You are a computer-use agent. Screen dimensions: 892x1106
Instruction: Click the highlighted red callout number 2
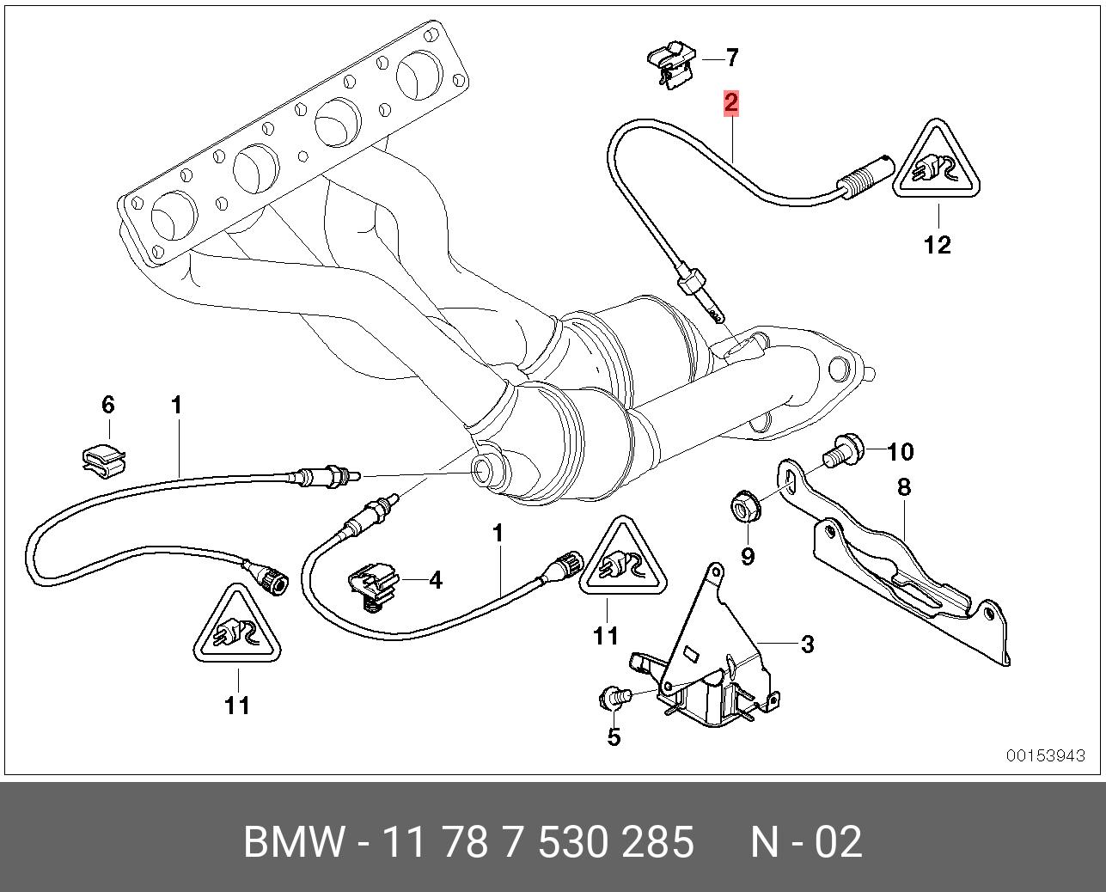(730, 103)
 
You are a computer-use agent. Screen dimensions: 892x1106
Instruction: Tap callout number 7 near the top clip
(731, 58)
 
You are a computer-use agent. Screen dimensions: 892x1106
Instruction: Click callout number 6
(108, 404)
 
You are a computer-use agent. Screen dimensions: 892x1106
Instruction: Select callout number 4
(436, 581)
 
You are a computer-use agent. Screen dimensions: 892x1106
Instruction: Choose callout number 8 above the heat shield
(903, 487)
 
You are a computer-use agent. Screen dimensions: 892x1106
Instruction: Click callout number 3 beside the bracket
(807, 644)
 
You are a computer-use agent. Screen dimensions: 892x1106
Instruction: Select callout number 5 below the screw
(614, 736)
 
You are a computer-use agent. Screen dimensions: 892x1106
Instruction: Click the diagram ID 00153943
(1046, 755)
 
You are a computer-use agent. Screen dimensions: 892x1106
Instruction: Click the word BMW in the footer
(295, 842)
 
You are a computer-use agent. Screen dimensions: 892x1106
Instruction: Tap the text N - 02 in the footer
(806, 842)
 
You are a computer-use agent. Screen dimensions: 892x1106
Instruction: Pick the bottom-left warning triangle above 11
(237, 627)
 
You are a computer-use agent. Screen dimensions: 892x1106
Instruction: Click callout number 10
(900, 451)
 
